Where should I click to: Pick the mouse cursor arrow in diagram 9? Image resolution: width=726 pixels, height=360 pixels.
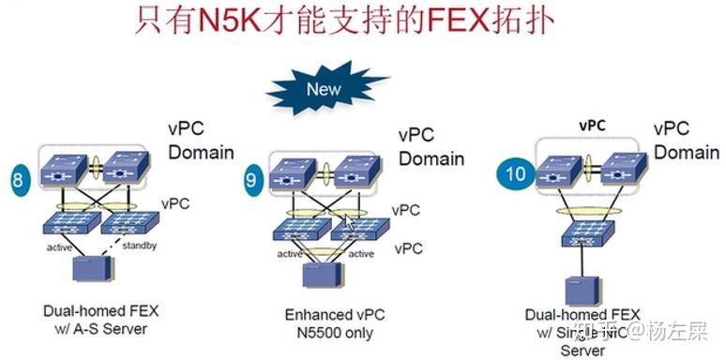(349, 223)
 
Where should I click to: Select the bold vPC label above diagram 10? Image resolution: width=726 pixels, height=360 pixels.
(592, 125)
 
